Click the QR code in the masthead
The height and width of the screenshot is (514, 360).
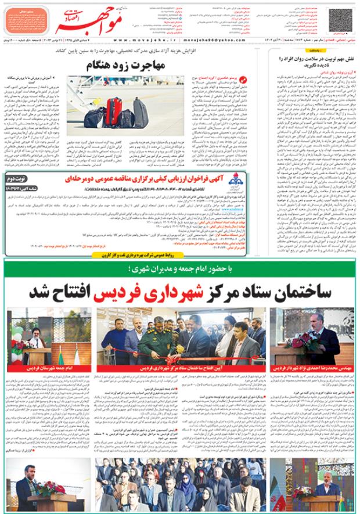click(340, 17)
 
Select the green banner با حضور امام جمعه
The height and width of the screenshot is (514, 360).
click(180, 268)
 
